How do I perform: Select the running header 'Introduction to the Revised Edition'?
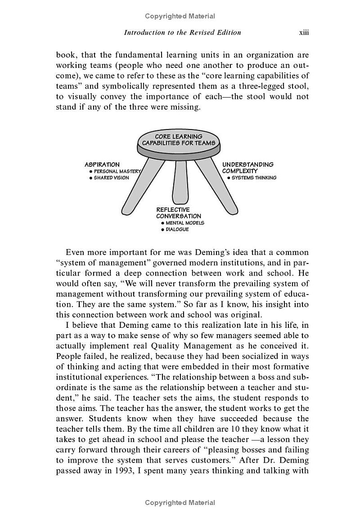[182, 32]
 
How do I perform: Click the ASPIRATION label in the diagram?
[102, 165]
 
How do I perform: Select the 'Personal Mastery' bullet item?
[116, 171]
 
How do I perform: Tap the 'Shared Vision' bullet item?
[109, 178]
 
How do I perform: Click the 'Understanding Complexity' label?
[247, 168]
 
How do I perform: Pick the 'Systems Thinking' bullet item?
[252, 178]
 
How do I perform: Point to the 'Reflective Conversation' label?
[178, 213]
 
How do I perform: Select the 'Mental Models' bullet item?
[182, 223]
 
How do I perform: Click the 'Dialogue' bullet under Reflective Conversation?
[175, 229]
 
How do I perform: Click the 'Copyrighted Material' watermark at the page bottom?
[180, 503]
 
